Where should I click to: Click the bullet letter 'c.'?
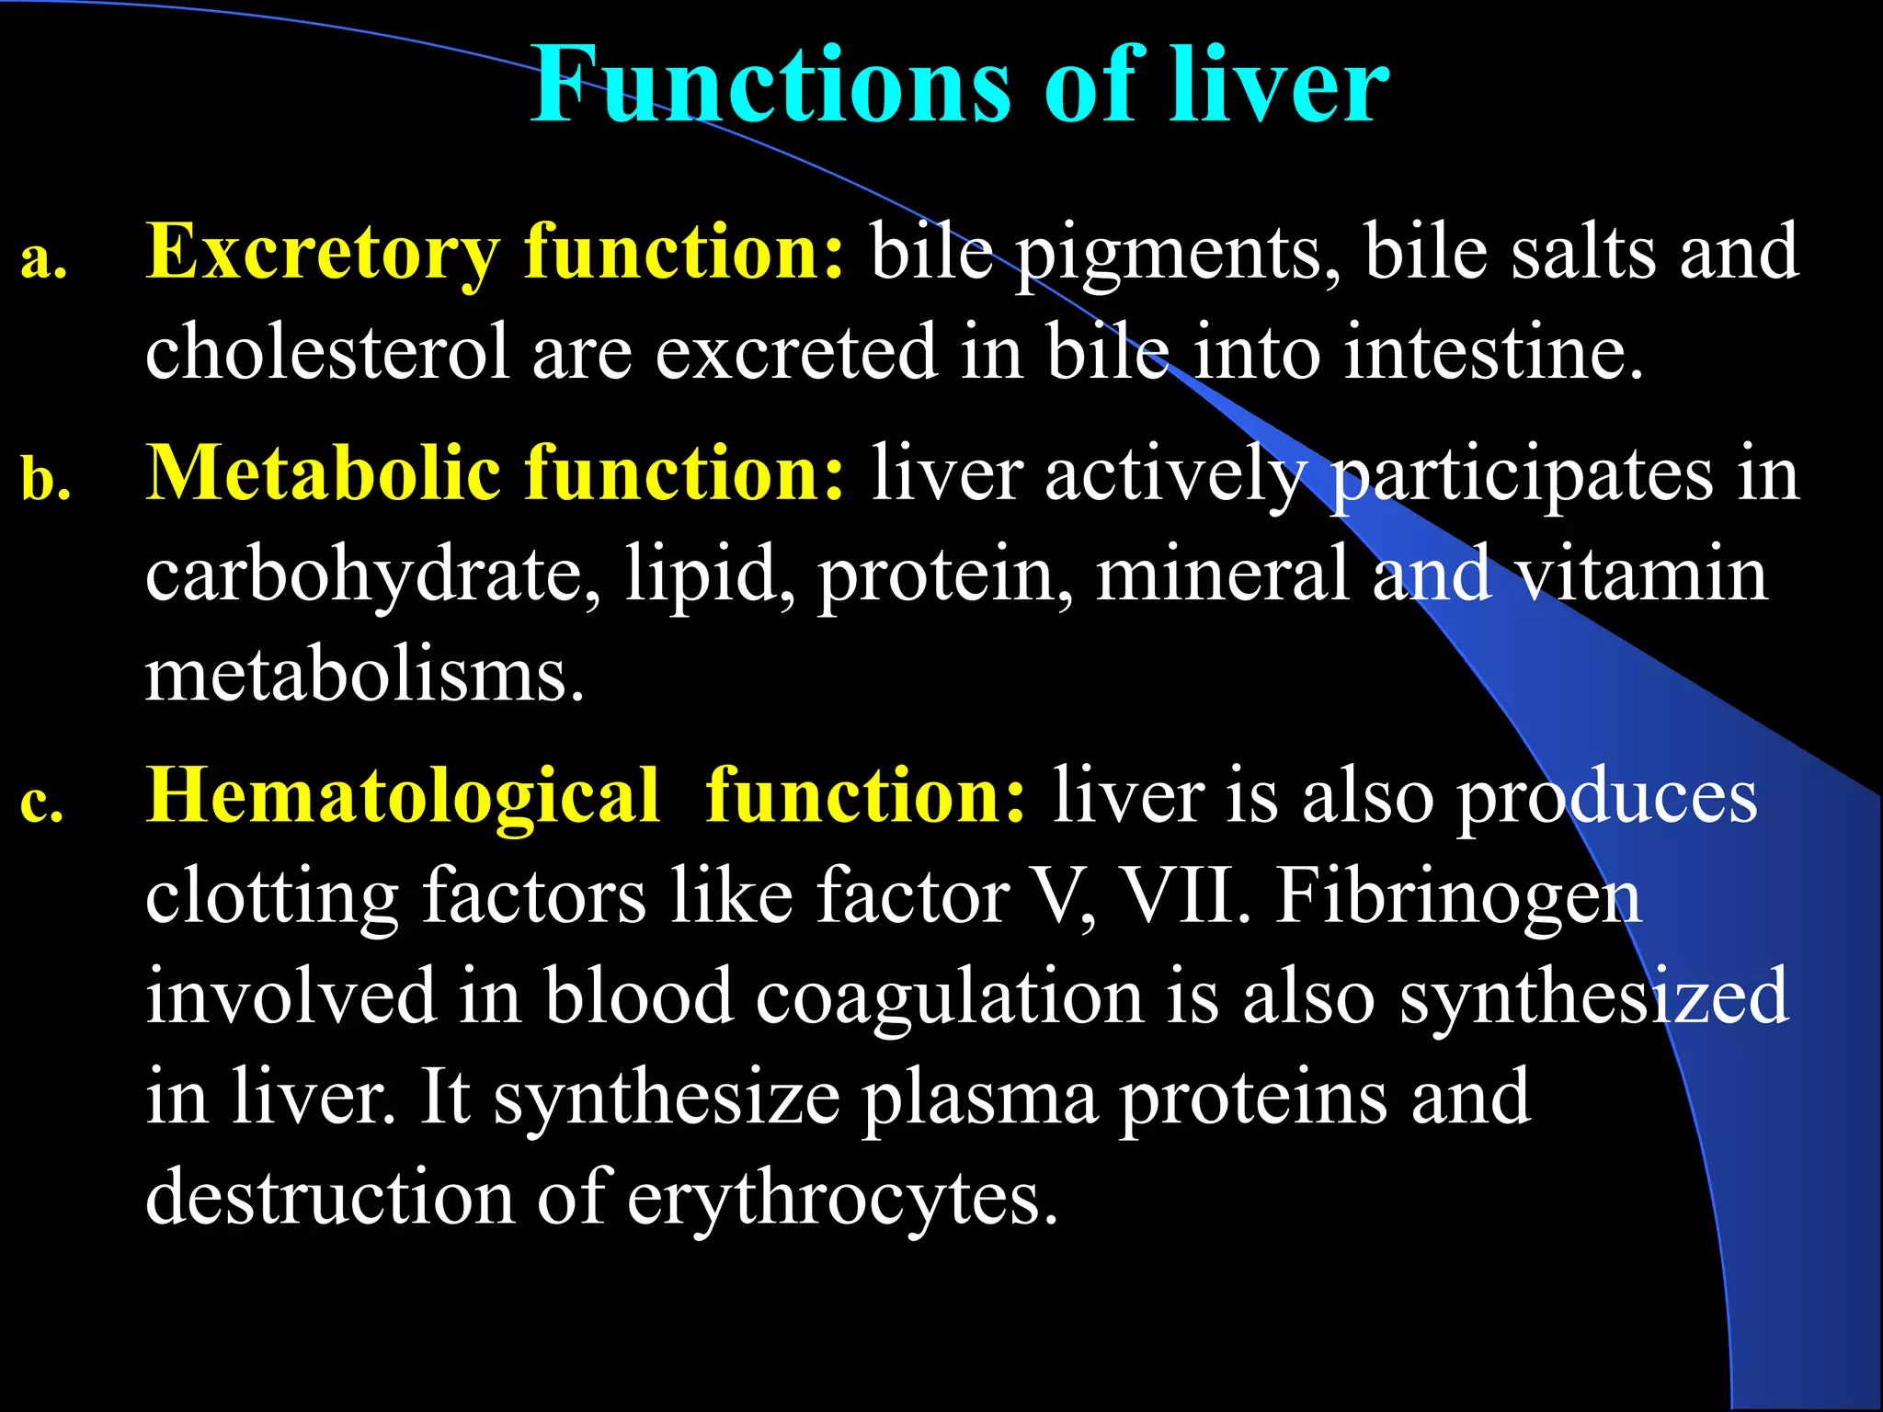42,802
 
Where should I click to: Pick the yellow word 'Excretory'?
323,252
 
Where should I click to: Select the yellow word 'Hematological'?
403,795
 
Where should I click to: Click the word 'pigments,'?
1178,254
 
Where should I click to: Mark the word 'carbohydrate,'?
373,575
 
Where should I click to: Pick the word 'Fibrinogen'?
1458,897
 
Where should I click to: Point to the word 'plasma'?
979,1098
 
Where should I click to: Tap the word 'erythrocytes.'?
842,1200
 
